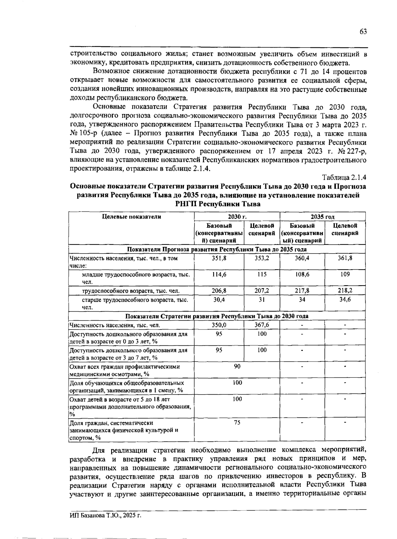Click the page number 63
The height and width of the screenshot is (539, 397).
coord(363,32)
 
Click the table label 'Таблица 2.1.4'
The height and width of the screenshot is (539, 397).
coord(344,177)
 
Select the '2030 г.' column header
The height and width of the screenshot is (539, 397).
coord(237,217)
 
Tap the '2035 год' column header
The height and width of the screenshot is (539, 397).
coord(322,217)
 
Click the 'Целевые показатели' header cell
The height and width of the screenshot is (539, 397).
coord(131,217)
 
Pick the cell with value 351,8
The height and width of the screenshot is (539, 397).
coord(219,258)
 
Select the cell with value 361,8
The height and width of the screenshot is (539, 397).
coord(345,258)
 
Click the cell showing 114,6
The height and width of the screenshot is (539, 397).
coord(219,275)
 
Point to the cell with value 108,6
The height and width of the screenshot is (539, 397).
coord(302,275)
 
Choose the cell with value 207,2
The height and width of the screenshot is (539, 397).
coord(262,291)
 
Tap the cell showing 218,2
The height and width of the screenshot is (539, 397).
coord(345,291)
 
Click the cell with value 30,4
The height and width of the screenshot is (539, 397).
coord(219,299)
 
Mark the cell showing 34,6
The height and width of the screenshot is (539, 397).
coord(345,299)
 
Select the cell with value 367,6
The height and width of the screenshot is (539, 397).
coord(262,325)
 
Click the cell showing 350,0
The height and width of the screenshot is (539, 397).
coord(219,325)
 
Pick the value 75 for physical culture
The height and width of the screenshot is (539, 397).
coord(237,423)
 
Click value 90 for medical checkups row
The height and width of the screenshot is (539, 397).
coord(237,366)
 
